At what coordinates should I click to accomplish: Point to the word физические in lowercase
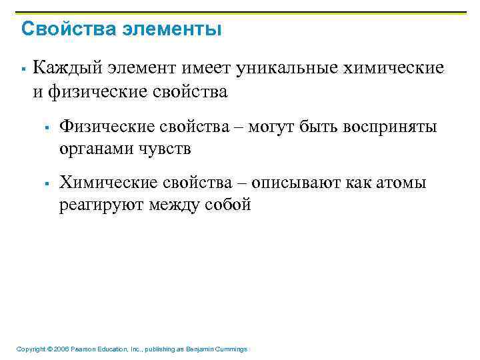[x=91, y=91]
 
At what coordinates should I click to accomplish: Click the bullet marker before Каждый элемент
[x=23, y=69]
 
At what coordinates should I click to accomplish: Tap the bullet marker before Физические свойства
[x=48, y=127]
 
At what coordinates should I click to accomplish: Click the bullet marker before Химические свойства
[x=48, y=183]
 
